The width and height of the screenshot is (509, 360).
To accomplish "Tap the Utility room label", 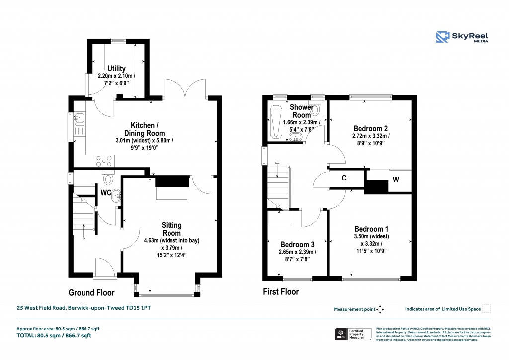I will point(117,68).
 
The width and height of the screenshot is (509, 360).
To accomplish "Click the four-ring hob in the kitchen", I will point(103,161).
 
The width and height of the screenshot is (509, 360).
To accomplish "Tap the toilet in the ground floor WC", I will point(108,178).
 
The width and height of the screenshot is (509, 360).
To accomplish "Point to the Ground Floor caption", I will point(91,292).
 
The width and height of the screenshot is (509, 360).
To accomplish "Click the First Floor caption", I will point(281,292).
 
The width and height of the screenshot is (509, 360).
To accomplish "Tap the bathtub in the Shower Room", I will point(274,121).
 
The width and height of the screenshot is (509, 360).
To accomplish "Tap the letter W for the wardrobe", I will point(396,180).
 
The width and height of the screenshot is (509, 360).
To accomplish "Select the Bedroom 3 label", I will point(297,244).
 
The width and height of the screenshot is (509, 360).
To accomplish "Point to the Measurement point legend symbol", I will point(380,309).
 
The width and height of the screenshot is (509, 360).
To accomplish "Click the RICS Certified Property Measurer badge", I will point(351,334).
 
